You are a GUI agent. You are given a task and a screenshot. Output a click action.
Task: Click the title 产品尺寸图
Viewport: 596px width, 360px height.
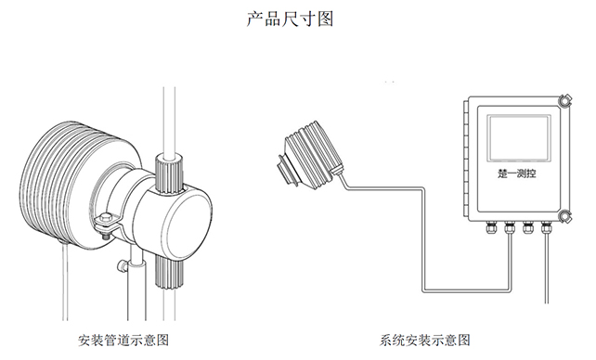[x=297, y=19]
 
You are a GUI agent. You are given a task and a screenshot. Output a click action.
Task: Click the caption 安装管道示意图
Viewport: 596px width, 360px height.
[x=124, y=340]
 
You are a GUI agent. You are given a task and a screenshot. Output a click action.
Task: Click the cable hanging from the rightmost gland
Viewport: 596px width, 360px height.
[x=546, y=269]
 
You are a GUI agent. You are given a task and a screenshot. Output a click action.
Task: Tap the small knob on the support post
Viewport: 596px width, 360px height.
[x=123, y=267]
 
